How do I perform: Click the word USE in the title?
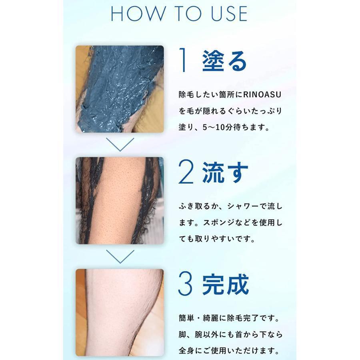pyautogui.click(x=229, y=14)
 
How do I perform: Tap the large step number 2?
pyautogui.click(x=186, y=172)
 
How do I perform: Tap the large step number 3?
pyautogui.click(x=185, y=283)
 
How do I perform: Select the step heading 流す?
pyautogui.click(x=225, y=172)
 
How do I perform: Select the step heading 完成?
pyautogui.click(x=226, y=284)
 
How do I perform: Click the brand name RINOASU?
pyautogui.click(x=262, y=94)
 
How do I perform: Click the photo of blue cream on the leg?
pyautogui.click(x=120, y=89)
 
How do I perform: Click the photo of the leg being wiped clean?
pyautogui.click(x=120, y=201)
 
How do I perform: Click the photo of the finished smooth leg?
pyautogui.click(x=120, y=312)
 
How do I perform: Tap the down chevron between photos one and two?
pyautogui.click(x=120, y=144)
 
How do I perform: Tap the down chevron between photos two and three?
pyautogui.click(x=120, y=256)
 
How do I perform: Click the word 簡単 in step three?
pyautogui.click(x=187, y=318)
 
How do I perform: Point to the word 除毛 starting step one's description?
pyautogui.click(x=187, y=94)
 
